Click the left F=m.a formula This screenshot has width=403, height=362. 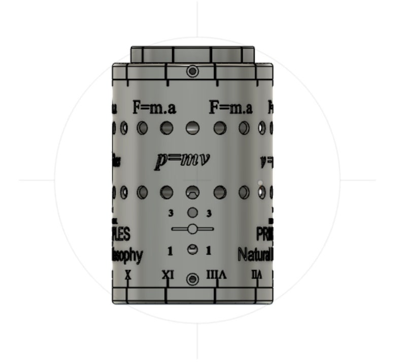[154, 108]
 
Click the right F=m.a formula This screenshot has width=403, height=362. [231, 108]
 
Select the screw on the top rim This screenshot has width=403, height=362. [192, 71]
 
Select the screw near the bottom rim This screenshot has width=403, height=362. [192, 279]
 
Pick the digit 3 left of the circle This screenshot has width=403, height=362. [171, 213]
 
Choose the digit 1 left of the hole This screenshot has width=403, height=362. [171, 250]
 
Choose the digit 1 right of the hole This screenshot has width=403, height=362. [209, 250]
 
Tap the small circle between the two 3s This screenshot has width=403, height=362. [192, 213]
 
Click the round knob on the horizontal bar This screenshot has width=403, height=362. [192, 229]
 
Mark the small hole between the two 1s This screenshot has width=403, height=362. [192, 250]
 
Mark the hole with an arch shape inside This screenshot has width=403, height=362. [192, 192]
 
